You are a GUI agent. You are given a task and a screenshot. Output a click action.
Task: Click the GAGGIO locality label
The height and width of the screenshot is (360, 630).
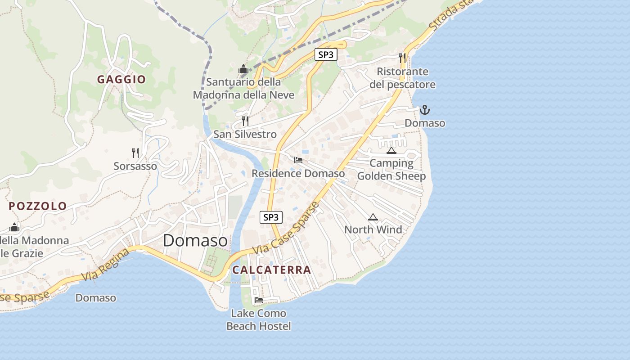coord(121,80)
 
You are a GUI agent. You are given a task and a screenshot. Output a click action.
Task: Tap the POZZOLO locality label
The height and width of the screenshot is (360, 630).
coord(38,206)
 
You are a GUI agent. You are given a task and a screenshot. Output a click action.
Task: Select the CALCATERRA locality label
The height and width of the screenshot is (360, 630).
coord(271,270)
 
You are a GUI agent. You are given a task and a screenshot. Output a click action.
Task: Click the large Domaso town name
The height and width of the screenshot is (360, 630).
coord(195,240)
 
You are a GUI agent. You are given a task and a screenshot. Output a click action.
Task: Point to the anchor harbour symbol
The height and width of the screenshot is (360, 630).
coord(424,110)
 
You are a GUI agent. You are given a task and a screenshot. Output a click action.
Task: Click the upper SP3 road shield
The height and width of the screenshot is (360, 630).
coord(325,54)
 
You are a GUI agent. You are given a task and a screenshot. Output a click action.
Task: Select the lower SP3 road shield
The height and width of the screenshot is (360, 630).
coord(271,217)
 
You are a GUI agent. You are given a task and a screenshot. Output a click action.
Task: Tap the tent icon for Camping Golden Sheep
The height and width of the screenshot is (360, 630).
coord(391,150)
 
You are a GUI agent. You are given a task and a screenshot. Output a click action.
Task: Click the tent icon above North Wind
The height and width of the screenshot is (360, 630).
coord(373,217)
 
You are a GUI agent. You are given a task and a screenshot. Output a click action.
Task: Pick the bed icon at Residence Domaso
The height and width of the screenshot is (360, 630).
coord(298,160)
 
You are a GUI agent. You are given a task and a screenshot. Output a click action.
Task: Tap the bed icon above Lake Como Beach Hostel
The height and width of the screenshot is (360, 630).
coord(258,300)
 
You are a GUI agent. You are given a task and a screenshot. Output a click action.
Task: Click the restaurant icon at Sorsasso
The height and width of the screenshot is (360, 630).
coord(135,153)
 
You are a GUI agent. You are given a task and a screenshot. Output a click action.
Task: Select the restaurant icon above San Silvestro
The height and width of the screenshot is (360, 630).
coord(245,121)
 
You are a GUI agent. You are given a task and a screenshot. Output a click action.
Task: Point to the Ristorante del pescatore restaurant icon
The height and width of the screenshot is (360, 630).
coord(402,58)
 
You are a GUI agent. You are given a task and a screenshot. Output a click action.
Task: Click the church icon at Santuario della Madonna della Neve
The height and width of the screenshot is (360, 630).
coord(243,69)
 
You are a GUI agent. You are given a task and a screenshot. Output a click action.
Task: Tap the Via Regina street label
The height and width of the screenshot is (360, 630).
coord(106,265)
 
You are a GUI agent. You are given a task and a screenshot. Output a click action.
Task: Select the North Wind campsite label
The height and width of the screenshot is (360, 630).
coord(373,229)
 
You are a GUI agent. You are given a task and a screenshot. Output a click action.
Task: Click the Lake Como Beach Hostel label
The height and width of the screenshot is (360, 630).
coord(259,319)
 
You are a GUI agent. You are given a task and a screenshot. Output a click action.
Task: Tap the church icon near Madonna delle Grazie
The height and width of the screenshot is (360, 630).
coord(14,227)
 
